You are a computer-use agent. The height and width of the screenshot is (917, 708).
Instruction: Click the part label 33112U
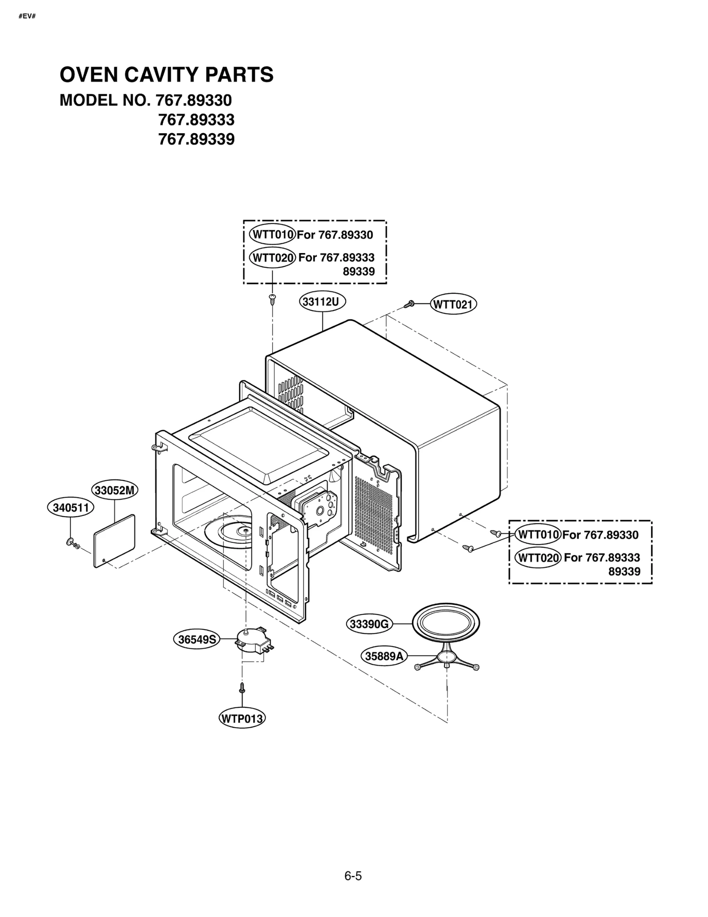(322, 302)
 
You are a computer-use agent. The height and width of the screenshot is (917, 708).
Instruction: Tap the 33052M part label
(115, 490)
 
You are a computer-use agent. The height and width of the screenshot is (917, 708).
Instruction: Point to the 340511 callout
(70, 507)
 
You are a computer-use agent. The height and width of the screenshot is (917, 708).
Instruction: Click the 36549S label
(196, 639)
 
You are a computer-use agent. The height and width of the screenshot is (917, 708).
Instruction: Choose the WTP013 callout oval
(242, 718)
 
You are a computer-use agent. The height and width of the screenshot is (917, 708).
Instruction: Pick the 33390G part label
(369, 624)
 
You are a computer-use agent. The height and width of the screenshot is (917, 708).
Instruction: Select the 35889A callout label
(384, 656)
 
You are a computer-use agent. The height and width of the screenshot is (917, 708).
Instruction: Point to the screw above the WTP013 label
(242, 687)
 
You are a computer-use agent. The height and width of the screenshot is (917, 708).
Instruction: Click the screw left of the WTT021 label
(409, 304)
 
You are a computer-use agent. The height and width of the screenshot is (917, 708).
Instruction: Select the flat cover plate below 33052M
(114, 541)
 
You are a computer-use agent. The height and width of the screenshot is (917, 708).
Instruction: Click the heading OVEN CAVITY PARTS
(166, 75)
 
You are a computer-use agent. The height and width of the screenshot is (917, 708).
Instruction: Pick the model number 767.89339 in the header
(196, 139)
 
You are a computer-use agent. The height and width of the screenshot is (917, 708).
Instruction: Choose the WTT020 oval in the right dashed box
(538, 557)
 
